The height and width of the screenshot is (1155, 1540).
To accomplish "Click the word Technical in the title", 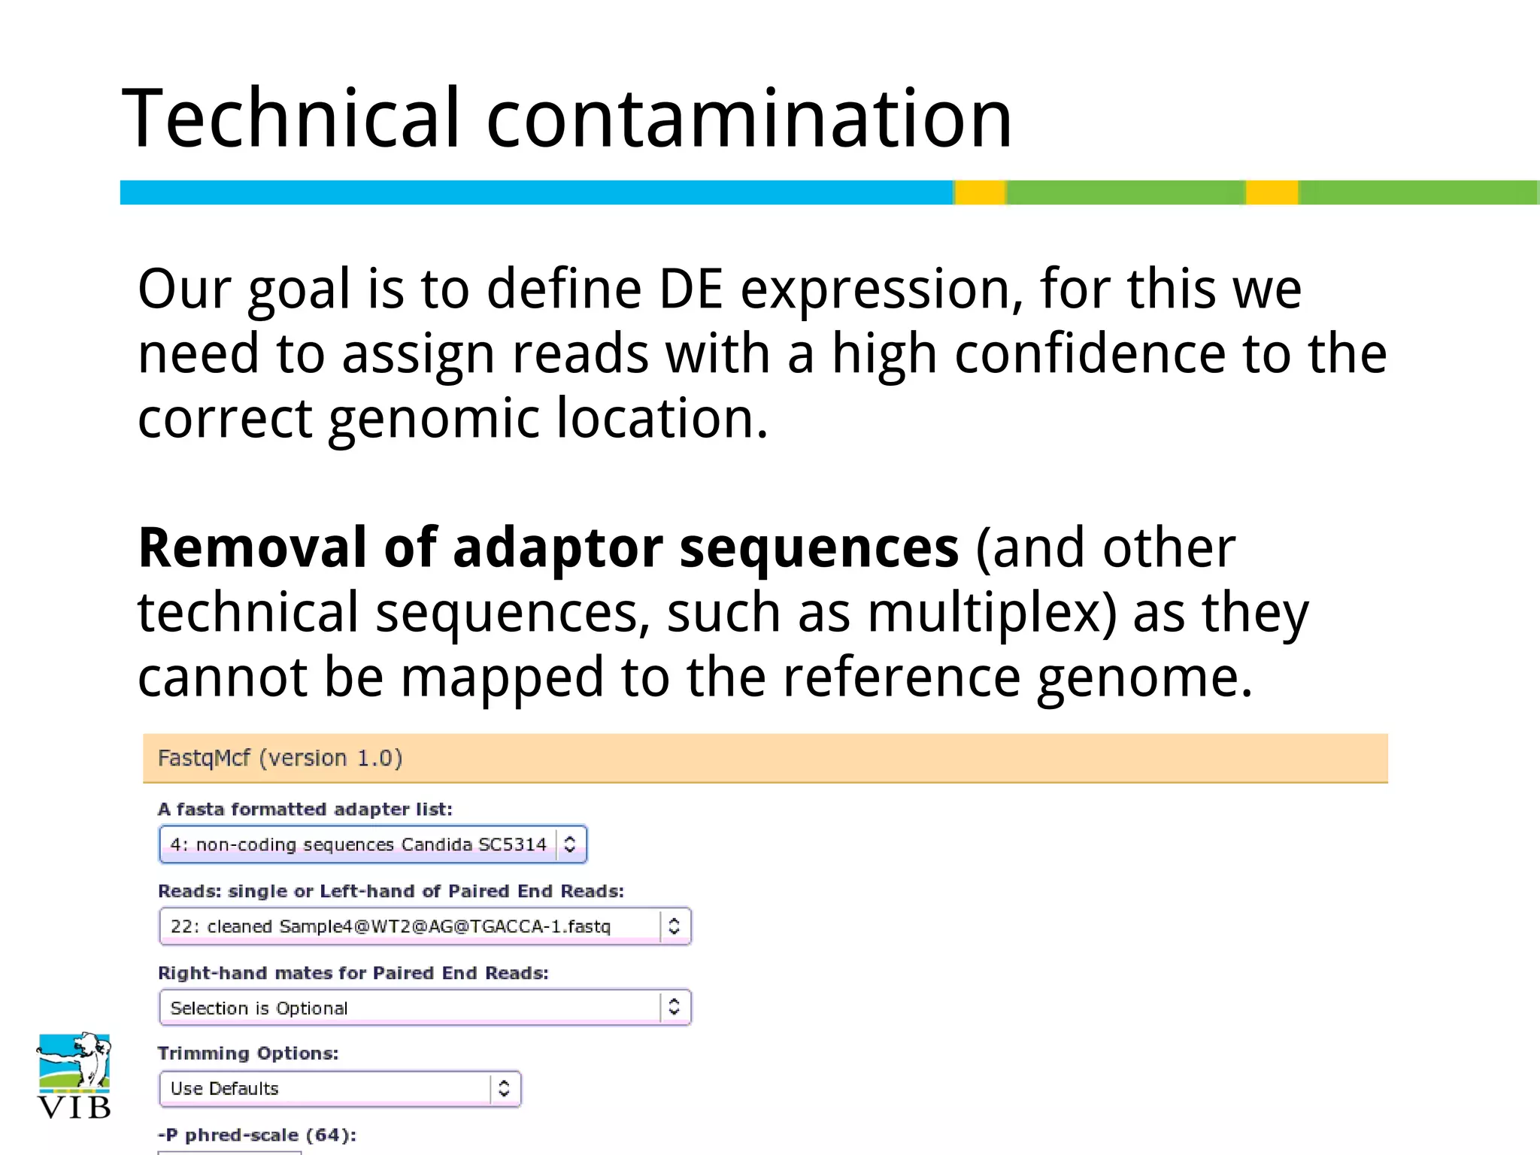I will (x=290, y=119).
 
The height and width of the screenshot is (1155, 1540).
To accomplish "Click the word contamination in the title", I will (x=749, y=119).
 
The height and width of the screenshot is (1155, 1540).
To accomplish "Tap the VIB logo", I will (x=74, y=1076).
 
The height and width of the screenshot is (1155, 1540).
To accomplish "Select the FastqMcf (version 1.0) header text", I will (x=280, y=758).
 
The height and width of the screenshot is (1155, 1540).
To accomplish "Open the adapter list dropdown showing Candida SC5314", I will (x=373, y=844).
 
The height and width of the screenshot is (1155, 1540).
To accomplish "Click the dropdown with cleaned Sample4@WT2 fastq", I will (x=425, y=926).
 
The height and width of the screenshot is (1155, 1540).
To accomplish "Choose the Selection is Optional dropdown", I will (x=425, y=1008).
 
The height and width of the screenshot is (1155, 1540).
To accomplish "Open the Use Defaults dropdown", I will (x=340, y=1088).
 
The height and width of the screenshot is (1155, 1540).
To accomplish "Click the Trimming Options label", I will (x=248, y=1053).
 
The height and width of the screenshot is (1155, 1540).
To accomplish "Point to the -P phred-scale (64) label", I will (x=257, y=1135).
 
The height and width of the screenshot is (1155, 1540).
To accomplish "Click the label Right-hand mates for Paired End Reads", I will (x=353, y=973).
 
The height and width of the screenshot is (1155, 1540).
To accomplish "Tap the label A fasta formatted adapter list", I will (x=305, y=809).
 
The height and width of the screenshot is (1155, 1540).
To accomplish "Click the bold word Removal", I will (x=253, y=547).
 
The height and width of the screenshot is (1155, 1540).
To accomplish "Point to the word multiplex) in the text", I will (x=992, y=613).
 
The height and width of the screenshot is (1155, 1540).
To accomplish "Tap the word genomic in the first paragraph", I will (x=435, y=418).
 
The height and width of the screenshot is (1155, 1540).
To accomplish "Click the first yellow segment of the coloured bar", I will (x=981, y=192).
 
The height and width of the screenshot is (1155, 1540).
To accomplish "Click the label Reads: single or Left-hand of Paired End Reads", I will (x=391, y=891).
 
